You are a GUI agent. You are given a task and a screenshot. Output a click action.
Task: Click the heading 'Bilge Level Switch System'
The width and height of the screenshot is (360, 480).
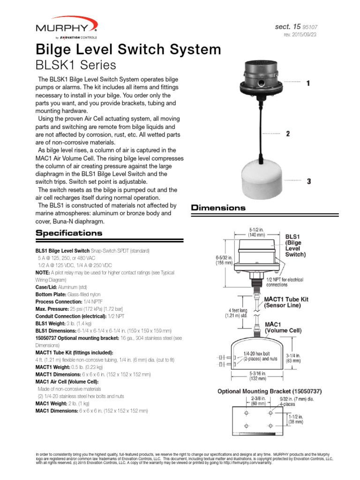click(x=128, y=49)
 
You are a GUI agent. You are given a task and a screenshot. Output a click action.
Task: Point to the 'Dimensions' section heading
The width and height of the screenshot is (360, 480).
click(x=218, y=207)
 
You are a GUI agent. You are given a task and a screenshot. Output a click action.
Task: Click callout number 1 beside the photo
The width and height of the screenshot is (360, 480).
click(x=308, y=83)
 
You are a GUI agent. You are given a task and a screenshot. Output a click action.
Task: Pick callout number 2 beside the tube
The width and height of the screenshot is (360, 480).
click(x=288, y=134)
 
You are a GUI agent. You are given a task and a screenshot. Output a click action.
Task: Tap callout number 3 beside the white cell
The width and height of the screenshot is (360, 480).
click(x=308, y=181)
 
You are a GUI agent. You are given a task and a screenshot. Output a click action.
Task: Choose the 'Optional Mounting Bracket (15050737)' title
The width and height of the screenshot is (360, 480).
click(x=270, y=391)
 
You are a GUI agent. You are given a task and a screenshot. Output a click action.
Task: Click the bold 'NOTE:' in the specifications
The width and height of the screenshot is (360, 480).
click(x=44, y=272)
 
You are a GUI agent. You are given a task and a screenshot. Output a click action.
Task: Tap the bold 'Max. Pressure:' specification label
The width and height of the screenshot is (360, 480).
click(x=52, y=310)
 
